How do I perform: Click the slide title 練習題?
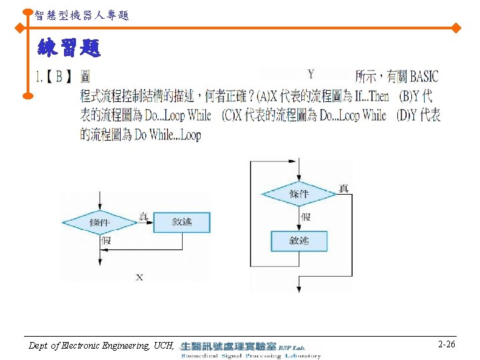coord(69,48)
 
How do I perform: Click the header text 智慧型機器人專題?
coord(81,15)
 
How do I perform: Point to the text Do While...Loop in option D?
coord(167,135)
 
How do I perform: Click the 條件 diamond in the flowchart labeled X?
coord(99,222)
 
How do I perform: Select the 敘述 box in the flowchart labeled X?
coord(181,221)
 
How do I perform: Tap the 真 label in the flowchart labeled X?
coord(143,216)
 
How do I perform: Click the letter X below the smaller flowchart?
coord(139,276)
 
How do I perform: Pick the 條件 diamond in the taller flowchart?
coord(299,194)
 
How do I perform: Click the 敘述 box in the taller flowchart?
coord(299,241)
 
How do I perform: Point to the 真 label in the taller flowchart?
coord(343,189)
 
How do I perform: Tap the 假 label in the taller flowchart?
coord(305,217)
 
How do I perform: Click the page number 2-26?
coord(447,345)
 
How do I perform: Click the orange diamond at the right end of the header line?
coord(456,28)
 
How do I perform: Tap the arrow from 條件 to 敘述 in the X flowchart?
coord(145,223)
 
